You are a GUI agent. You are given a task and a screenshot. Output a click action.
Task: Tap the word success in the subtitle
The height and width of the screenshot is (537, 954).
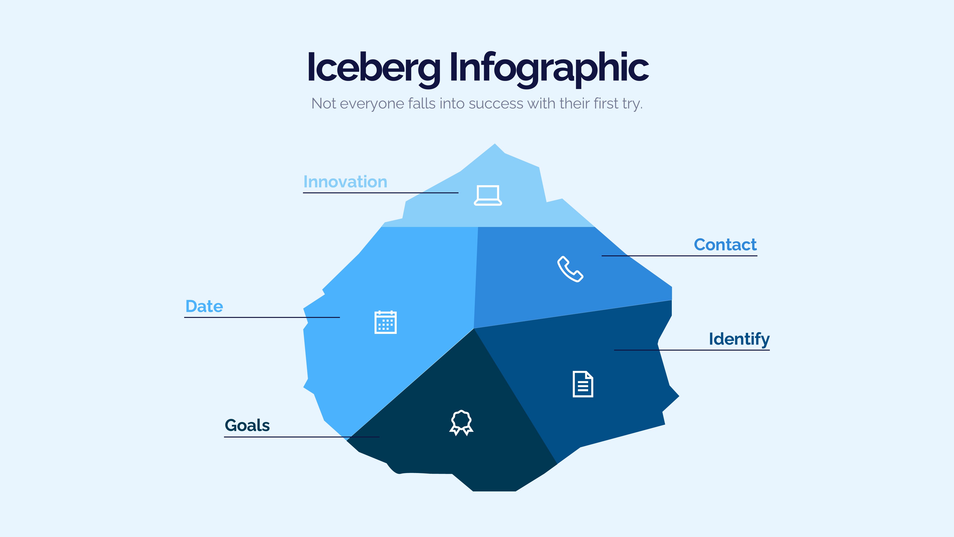coord(496,104)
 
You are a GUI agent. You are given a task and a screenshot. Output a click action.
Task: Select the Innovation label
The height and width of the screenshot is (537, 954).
coord(345,182)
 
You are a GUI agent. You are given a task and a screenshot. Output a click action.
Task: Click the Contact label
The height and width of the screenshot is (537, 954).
coord(725,245)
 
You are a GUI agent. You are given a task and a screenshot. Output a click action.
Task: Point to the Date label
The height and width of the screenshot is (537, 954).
coord(204,306)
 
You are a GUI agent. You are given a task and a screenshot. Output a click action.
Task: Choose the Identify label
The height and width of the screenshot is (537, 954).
coord(739,339)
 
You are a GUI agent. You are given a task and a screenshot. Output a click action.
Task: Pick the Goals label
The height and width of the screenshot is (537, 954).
coord(247,426)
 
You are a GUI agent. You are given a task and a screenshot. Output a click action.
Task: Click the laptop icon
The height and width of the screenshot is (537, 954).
coord(488,195)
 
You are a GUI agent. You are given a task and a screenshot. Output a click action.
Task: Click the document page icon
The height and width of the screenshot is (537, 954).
coord(583,384)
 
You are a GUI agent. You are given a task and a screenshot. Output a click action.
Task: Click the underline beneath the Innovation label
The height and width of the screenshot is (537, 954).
coord(381,193)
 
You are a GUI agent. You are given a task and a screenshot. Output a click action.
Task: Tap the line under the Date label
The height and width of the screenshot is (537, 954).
coord(262,317)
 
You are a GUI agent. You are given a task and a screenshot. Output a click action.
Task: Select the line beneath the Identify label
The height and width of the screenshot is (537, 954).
coord(692,350)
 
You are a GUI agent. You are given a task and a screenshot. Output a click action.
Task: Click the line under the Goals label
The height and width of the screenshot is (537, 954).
coord(302,437)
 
